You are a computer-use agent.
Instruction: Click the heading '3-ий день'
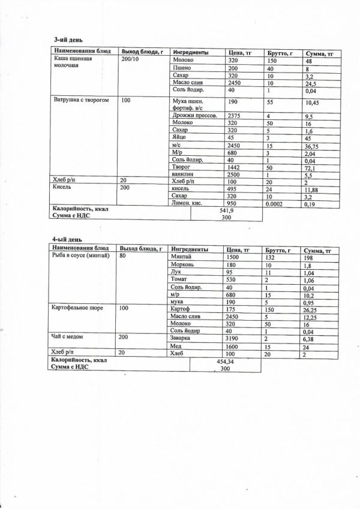(x=65, y=40)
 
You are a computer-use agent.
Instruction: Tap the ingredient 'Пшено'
(x=182, y=70)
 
